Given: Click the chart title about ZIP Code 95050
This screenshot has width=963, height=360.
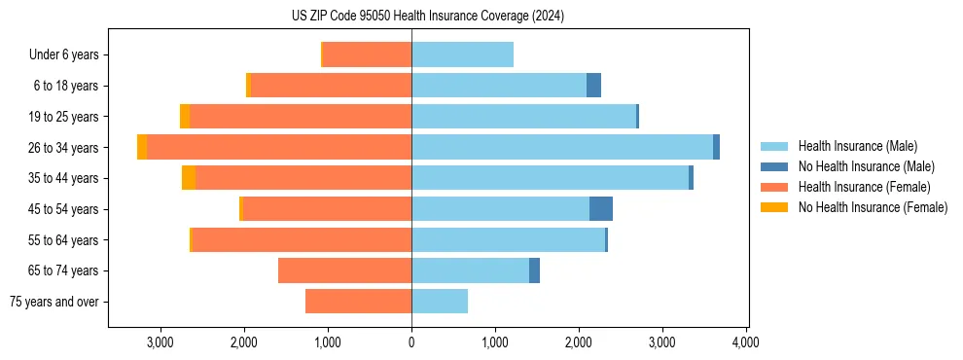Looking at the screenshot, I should (427, 17).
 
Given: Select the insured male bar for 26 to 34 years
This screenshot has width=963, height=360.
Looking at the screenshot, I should (561, 147).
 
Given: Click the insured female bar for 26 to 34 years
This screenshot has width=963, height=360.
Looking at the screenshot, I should (279, 147).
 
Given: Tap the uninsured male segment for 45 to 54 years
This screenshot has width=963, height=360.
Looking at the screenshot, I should (601, 209).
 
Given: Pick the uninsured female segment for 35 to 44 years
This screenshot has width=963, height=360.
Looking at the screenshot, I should (189, 178).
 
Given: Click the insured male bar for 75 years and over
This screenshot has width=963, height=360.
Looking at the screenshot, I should (440, 302).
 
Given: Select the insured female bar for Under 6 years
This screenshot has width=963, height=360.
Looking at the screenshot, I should (367, 54).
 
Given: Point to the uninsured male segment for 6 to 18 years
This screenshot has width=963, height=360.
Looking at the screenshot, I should (593, 86).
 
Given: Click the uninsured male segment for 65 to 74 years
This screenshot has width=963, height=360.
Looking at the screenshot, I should (534, 270).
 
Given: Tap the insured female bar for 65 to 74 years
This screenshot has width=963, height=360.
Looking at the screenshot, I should (344, 270).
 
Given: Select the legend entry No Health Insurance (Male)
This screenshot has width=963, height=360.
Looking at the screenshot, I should (866, 166).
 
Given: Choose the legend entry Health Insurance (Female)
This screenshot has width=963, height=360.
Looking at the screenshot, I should (864, 187).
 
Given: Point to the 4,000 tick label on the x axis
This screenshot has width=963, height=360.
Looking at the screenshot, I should (746, 342).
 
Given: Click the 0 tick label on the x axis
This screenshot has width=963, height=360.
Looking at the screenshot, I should (411, 342).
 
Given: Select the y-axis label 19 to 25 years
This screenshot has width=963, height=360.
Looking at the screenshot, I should (65, 117).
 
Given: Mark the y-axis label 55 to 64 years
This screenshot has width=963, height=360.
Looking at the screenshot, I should (65, 240).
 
